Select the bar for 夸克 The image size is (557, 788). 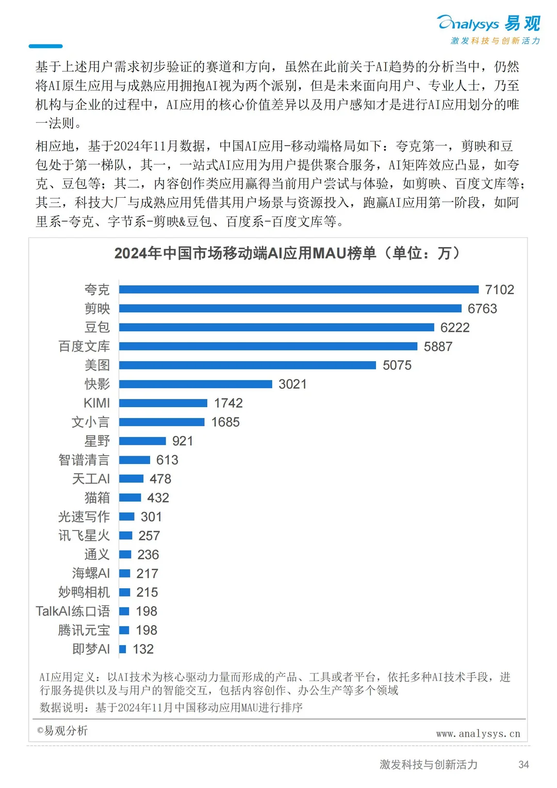click(299, 290)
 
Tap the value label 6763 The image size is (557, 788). click(482, 309)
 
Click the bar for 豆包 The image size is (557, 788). click(276, 327)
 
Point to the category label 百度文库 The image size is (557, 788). click(84, 346)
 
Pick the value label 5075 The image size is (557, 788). click(397, 365)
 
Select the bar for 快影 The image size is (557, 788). click(195, 384)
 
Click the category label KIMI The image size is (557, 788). click(96, 403)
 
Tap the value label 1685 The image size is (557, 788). click(225, 422)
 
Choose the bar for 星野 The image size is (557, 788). click(142, 441)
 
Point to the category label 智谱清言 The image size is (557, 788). click(84, 460)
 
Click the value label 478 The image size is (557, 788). click(160, 479)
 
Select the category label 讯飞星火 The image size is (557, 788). click(84, 536)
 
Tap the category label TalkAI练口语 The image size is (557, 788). click(73, 611)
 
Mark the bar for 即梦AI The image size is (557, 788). click(123, 649)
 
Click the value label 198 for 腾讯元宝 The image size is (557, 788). click(146, 630)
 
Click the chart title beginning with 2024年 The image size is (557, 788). click(287, 253)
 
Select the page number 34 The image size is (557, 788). click(523, 764)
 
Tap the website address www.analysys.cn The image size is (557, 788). click(478, 733)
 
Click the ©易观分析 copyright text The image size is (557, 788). click(62, 730)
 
